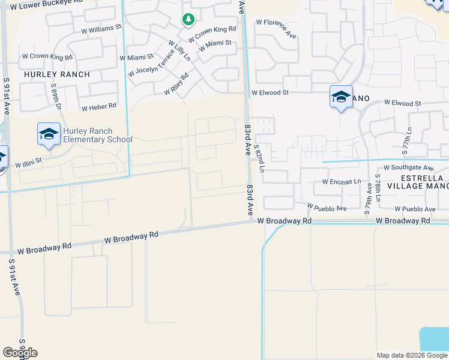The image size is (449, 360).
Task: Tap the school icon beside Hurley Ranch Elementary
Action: coord(48,134)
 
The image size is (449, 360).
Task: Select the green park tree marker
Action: coord(188,20)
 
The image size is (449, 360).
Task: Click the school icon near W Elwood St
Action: coord(340,97)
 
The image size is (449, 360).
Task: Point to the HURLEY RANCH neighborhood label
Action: coord(57,74)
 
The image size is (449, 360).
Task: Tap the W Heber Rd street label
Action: coord(98,106)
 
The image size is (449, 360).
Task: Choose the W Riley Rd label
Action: coord(176,85)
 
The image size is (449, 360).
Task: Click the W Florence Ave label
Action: coord(276,29)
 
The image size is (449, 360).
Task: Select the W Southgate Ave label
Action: coord(408,168)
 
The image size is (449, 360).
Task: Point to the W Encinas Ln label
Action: coord(341,181)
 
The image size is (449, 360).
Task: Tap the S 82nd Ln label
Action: coord(259,158)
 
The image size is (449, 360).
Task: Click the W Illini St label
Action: coord(28,162)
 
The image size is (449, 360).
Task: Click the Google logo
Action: coord(20,353)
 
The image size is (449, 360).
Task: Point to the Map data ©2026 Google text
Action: coord(412,355)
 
